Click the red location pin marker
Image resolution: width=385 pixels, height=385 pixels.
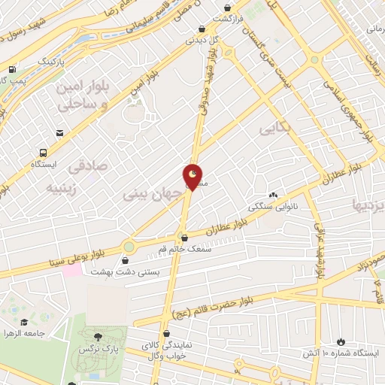(x=193, y=177)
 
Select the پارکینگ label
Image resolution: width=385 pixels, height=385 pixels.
(x=52, y=59)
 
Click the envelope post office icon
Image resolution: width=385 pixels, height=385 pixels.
(x=59, y=133)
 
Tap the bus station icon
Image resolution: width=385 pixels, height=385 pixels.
(x=41, y=150)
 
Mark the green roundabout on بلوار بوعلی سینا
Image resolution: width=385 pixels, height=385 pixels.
(x=129, y=246)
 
